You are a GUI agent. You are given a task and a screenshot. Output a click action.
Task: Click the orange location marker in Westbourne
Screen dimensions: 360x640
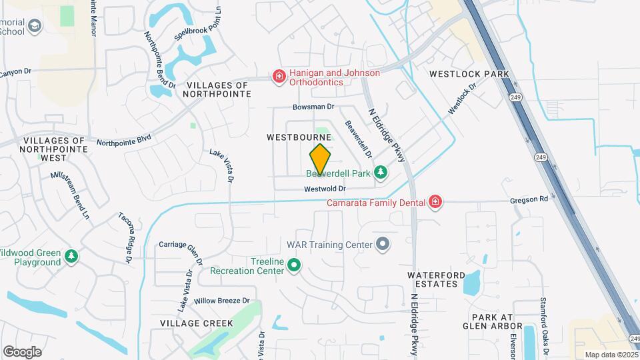pyautogui.click(x=320, y=159)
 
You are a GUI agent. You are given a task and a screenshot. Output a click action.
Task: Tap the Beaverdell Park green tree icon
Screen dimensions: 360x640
pyautogui.click(x=380, y=173)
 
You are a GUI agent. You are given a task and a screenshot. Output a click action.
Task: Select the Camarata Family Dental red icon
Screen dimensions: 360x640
pyautogui.click(x=435, y=201)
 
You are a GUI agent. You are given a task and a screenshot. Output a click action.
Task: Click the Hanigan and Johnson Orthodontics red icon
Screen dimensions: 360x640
pyautogui.click(x=278, y=77)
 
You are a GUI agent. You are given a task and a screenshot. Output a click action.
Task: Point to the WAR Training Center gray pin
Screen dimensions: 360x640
pyautogui.click(x=383, y=245)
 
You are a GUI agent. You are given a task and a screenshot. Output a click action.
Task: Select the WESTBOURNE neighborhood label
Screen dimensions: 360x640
pyautogui.click(x=299, y=137)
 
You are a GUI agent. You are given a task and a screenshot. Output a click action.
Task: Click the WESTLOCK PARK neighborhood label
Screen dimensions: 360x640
pyautogui.click(x=469, y=74)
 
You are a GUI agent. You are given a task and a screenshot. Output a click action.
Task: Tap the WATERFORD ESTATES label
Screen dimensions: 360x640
pyautogui.click(x=433, y=279)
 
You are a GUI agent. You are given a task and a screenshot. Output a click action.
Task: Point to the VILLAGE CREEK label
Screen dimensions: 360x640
pyautogui.click(x=197, y=323)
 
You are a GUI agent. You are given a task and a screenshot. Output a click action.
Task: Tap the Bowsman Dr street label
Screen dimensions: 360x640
pyautogui.click(x=313, y=107)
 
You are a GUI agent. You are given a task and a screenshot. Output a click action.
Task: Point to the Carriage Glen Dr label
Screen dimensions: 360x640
pyautogui.click(x=180, y=245)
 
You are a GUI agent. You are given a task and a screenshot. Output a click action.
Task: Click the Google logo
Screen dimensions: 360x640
pyautogui.click(x=22, y=351)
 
